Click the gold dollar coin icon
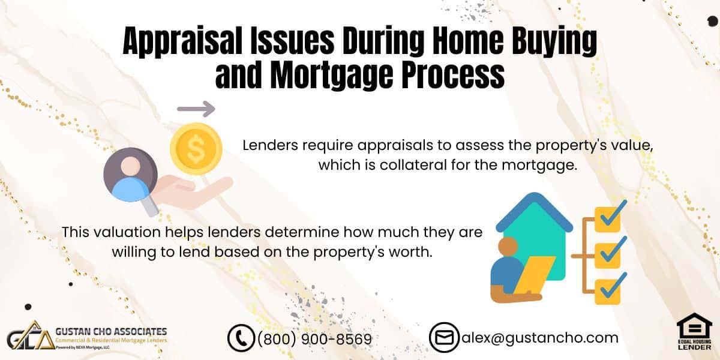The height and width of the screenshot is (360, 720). [196, 149]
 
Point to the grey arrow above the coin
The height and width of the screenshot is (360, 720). [196, 109]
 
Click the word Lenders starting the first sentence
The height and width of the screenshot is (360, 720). [271, 145]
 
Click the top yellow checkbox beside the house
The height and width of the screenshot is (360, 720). [607, 219]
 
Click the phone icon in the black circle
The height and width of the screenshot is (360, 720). [241, 338]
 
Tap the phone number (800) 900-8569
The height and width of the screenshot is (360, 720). [314, 339]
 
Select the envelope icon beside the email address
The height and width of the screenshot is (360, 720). [444, 337]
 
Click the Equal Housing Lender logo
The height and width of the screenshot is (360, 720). [694, 331]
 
